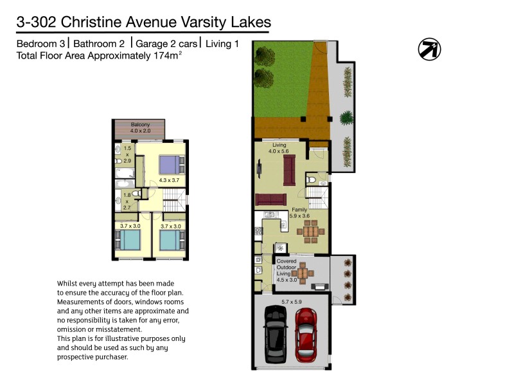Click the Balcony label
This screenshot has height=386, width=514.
[140, 124]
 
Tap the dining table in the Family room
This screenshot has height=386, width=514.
[310, 232]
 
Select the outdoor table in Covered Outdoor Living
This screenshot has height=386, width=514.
[303, 271]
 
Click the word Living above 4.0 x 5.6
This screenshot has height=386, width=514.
[279, 145]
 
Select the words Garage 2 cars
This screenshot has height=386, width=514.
[166, 44]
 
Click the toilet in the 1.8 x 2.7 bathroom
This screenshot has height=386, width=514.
[137, 193]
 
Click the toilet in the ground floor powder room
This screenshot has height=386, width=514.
[311, 179]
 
